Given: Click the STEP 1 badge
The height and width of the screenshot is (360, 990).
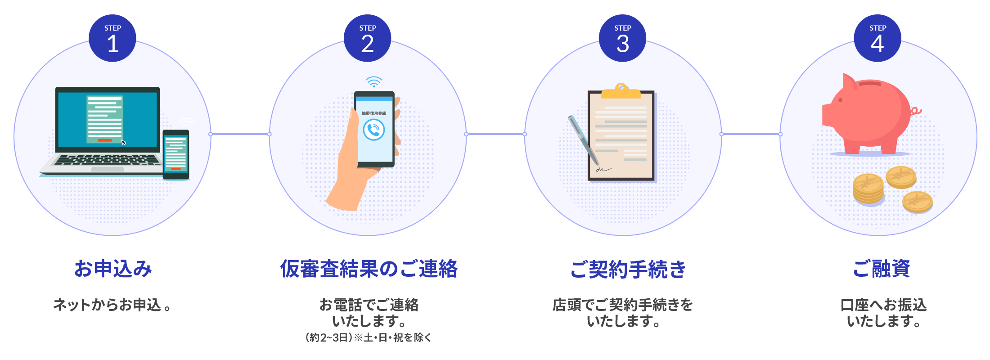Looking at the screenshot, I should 112,38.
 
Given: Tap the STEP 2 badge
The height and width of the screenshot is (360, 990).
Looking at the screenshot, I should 368,38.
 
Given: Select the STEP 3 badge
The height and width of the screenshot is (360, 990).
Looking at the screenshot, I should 623,38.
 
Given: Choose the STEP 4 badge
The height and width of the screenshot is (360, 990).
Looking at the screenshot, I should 877,38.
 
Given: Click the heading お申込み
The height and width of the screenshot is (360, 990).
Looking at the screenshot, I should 113,269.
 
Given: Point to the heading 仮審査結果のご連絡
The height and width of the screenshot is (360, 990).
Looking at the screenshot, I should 369,269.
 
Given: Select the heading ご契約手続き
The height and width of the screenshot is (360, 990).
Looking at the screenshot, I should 628,269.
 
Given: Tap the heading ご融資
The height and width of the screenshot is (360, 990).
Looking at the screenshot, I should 882,269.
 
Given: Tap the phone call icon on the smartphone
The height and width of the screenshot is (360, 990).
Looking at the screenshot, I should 374,130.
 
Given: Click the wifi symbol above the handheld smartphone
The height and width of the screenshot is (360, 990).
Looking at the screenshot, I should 373,82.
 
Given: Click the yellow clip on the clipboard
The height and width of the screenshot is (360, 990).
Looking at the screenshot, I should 621,91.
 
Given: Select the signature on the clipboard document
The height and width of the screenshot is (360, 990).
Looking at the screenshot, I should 603,170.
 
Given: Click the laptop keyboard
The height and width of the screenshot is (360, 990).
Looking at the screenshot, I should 107,160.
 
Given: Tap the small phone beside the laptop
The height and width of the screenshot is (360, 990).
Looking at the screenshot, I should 175,154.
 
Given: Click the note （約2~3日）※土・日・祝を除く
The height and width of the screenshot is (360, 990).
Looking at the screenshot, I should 368,337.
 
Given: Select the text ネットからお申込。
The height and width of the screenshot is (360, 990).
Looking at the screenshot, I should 112,305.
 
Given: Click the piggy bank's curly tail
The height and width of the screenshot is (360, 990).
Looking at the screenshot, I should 916,111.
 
